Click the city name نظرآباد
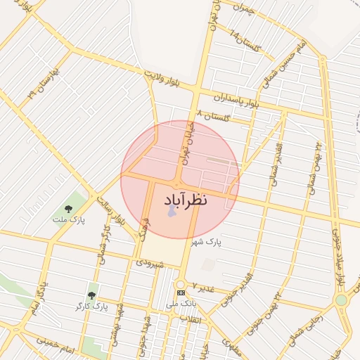click(x=188, y=199)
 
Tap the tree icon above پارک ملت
click(x=68, y=208)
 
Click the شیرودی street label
click(x=150, y=264)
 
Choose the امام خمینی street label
click(x=56, y=342)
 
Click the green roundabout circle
click(x=341, y=300)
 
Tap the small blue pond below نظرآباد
click(x=171, y=210)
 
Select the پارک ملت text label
click(x=68, y=220)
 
